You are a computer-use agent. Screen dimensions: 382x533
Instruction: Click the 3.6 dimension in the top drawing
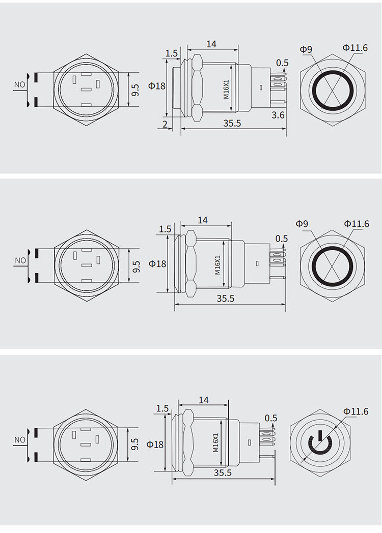(278, 115)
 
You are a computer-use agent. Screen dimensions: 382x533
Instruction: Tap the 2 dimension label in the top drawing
(165, 125)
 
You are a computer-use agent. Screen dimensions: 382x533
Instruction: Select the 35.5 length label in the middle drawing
(226, 298)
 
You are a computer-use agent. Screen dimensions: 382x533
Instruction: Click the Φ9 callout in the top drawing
(306, 49)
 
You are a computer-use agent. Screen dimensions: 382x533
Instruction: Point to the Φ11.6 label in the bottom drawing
(356, 411)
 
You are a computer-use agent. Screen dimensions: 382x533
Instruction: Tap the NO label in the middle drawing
(20, 260)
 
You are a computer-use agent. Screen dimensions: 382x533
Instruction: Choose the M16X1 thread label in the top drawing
(227, 89)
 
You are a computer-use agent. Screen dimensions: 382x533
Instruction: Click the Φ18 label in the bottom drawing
(155, 444)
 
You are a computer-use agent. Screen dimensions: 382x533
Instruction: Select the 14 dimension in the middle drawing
(203, 220)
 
